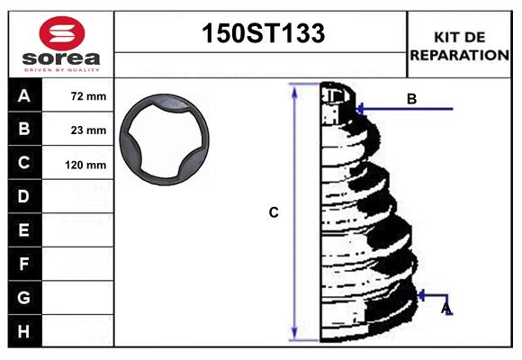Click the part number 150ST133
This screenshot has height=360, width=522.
[261, 34]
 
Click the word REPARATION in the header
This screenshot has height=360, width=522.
[460, 55]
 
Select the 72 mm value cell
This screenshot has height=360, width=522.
[88, 96]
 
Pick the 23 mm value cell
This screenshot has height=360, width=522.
[88, 130]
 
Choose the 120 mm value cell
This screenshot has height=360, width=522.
[86, 165]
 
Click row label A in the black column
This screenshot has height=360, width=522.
[24, 95]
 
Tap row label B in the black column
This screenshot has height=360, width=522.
[24, 129]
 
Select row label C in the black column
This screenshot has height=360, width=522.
[24, 163]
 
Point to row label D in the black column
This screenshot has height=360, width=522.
[24, 196]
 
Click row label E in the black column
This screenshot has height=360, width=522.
[24, 230]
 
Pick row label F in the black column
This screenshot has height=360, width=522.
[24, 265]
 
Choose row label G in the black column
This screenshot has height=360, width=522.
[24, 297]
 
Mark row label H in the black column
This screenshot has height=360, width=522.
[24, 331]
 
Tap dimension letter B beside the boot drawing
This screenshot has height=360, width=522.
[411, 99]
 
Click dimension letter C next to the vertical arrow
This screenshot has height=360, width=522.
[274, 212]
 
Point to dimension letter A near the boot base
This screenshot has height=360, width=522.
[445, 310]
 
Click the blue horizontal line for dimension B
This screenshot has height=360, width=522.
[405, 109]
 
